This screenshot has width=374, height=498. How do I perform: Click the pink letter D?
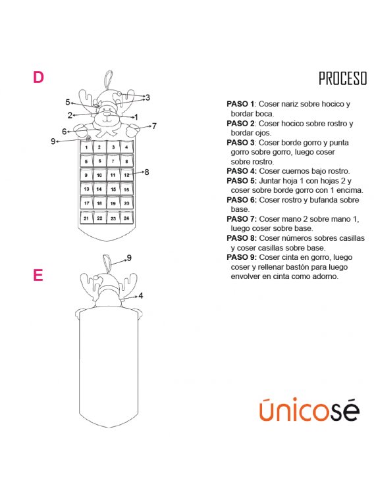tap(38, 77)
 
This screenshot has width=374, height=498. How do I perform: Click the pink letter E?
tap(38, 275)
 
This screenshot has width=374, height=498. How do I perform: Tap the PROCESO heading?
tap(343, 78)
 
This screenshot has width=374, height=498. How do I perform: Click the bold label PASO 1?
tap(240, 104)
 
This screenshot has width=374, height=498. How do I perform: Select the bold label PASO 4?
tap(242, 171)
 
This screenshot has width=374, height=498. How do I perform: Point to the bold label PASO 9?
tap(242, 257)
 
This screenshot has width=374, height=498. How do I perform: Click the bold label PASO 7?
tap(242, 219)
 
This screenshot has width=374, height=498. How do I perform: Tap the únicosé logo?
tap(309, 409)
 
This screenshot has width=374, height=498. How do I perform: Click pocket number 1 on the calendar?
tap(86, 147)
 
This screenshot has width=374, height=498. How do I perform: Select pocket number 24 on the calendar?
tap(126, 218)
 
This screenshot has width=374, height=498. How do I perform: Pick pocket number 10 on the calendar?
tap(99, 175)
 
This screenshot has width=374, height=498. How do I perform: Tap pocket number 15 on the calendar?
tap(113, 189)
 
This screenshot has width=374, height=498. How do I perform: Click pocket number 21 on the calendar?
tap(86, 218)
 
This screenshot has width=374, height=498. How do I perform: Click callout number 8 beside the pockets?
tap(146, 172)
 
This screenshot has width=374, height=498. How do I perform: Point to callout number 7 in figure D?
tap(154, 126)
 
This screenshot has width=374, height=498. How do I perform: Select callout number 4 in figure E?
tap(140, 296)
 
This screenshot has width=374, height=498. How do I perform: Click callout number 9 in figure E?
tap(129, 258)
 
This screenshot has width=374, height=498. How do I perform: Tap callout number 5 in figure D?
tap(68, 102)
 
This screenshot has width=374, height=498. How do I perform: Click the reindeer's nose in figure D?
tap(107, 114)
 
